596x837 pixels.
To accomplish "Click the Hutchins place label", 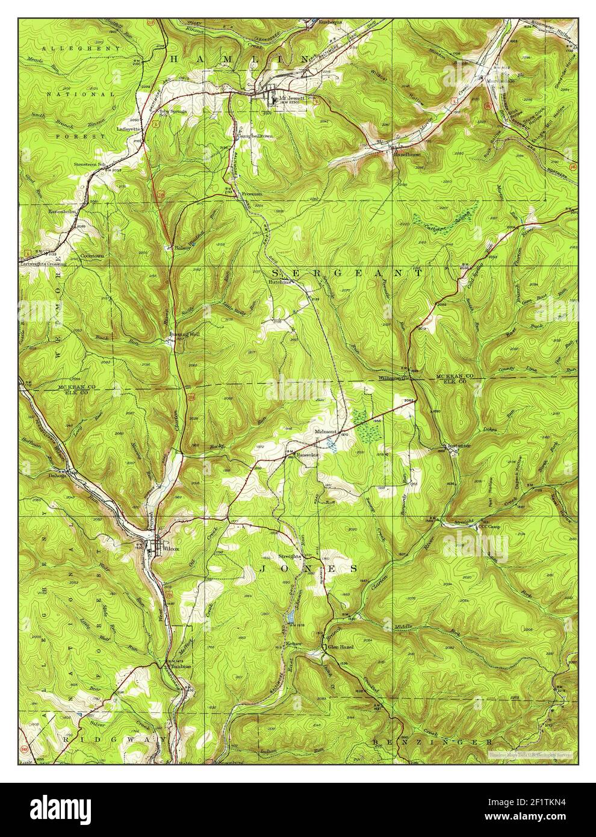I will pyautogui.click(x=284, y=281).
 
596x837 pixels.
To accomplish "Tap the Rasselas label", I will pyautogui.click(x=306, y=455).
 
